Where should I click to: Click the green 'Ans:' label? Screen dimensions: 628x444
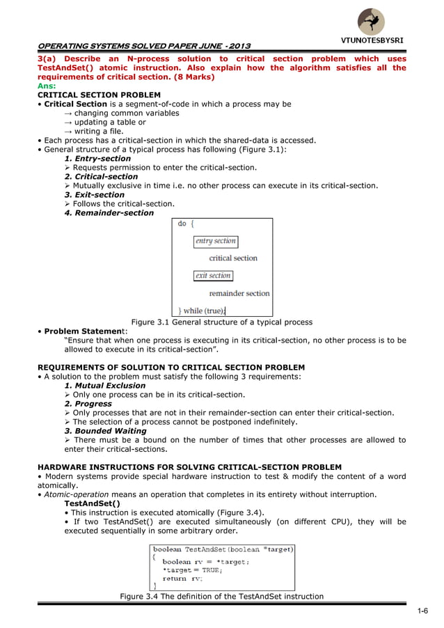[47, 86]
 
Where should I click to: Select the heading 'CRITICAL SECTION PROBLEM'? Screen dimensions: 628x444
[99, 95]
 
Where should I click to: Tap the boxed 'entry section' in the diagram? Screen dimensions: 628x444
[216, 242]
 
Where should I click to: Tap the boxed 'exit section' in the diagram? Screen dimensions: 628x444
[213, 276]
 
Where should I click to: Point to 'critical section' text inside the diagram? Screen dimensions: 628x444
[232, 258]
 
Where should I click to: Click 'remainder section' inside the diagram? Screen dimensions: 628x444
[239, 293]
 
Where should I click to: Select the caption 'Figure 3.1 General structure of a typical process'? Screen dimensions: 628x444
[222, 322]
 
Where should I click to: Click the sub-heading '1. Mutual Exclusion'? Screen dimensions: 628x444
[105, 386]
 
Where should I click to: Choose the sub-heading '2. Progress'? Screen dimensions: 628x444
[88, 404]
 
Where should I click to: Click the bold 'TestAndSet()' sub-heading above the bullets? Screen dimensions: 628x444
[92, 503]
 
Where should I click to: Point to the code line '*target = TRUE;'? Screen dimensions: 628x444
[190, 570]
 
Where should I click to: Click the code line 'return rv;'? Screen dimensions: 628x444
[182, 578]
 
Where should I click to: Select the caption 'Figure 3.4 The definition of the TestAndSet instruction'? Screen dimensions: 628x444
[221, 596]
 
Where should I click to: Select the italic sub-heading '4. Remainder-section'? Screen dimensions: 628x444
[109, 213]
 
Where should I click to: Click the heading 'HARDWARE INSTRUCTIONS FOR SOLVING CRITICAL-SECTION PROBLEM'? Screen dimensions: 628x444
[189, 467]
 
